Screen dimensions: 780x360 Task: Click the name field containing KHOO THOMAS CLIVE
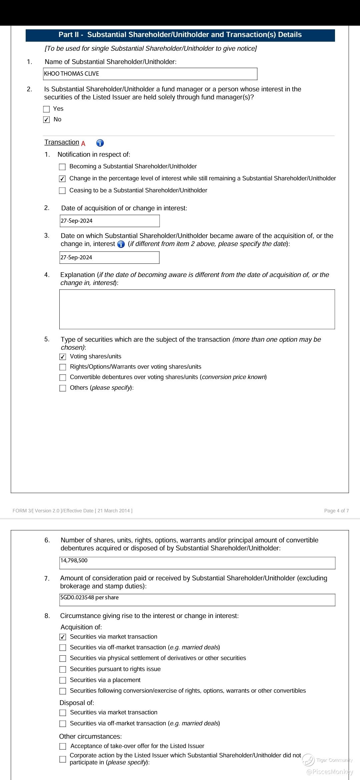(150, 74)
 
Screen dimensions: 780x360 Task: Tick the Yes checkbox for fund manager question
(47, 109)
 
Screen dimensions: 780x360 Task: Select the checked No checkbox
(47, 120)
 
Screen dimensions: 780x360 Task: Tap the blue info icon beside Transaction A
(100, 143)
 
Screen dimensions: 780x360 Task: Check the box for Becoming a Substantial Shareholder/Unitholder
(62, 167)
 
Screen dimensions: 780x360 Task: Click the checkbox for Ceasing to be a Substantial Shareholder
(62, 191)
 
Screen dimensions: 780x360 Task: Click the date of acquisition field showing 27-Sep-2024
(110, 221)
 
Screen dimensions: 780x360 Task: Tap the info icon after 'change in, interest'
(121, 244)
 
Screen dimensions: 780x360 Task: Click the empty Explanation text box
(197, 309)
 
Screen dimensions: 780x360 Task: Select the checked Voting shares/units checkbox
(63, 357)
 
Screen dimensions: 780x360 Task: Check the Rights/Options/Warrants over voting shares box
(63, 367)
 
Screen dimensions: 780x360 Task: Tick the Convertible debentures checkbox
(63, 378)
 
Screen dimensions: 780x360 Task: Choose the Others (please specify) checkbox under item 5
(63, 388)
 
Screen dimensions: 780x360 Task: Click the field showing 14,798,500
(197, 563)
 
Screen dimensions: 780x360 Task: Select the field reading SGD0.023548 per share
(197, 600)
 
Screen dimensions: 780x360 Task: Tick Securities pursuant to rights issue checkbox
(63, 669)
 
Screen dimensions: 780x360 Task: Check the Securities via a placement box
(63, 680)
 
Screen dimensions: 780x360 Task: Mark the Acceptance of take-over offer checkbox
(63, 746)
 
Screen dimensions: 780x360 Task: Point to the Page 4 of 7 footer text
(336, 511)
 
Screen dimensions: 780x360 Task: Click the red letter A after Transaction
(83, 144)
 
